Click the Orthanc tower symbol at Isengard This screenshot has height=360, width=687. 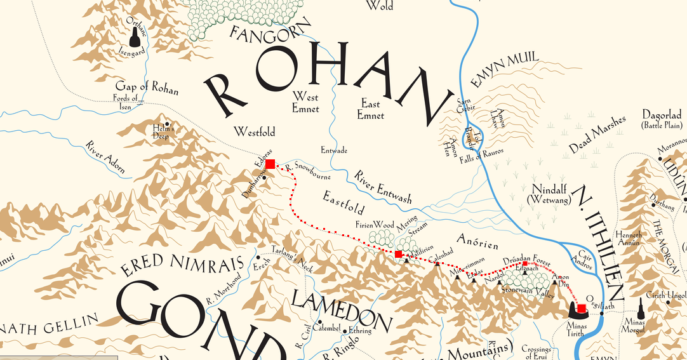coord(134,39)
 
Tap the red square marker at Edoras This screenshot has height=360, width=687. coord(270,164)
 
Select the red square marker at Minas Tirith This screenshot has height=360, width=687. coord(582,309)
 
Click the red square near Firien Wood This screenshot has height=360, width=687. coord(398,254)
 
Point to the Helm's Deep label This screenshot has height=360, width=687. coord(163,132)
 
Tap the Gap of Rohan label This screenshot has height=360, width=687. coord(147,88)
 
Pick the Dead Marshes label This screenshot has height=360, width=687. coord(597,135)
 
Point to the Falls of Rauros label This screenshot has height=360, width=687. coord(481,152)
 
